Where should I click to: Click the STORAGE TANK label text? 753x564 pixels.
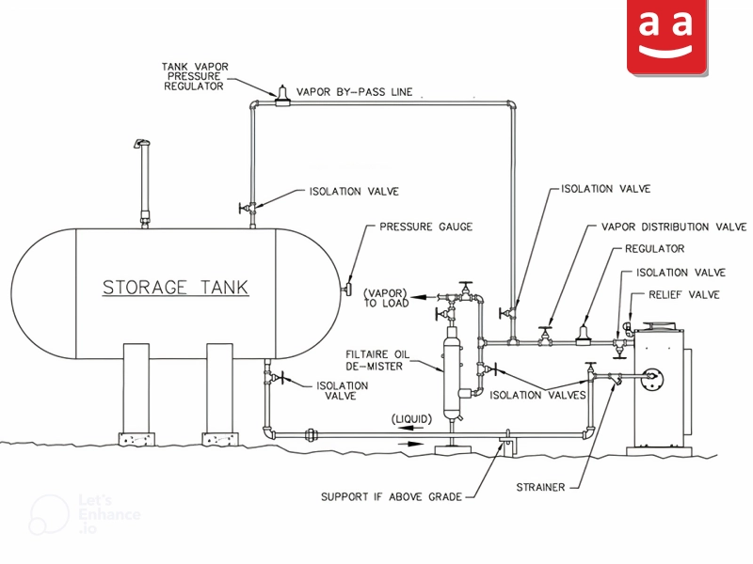tap(176, 288)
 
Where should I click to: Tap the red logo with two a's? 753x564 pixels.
tap(667, 37)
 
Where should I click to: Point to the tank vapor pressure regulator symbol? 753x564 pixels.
tap(282, 96)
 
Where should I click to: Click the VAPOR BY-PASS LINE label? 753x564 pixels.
tap(355, 92)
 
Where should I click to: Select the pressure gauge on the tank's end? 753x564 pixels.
tap(346, 290)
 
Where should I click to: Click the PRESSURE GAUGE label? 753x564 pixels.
tap(426, 227)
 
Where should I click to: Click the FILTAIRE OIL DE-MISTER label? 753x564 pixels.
tap(377, 360)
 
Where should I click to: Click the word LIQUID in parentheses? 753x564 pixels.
tap(412, 419)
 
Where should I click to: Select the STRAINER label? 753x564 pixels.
tap(540, 487)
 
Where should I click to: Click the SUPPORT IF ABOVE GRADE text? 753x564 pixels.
tap(392, 497)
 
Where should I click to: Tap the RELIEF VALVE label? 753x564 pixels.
tap(684, 294)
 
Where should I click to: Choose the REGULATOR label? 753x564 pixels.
tap(654, 248)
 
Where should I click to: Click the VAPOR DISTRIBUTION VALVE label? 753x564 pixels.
tap(674, 227)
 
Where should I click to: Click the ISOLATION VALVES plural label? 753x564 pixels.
tap(537, 395)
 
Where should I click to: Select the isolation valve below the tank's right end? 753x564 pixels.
tap(276, 378)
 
